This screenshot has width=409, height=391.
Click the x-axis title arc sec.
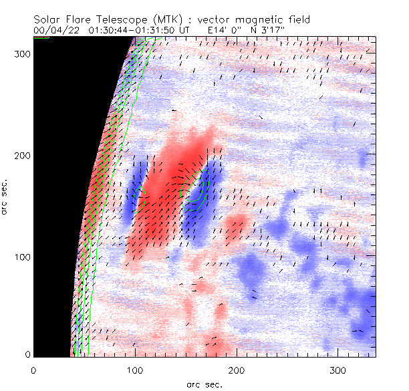(204, 384)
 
